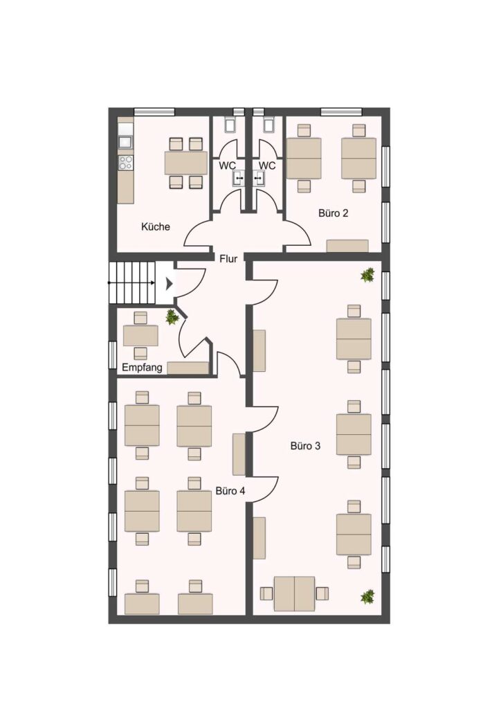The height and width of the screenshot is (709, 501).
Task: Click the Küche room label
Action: [x=156, y=226]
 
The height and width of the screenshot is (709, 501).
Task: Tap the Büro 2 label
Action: [x=334, y=213]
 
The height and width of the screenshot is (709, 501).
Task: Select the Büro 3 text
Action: [x=305, y=446]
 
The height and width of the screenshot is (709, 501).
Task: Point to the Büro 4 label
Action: [x=230, y=491]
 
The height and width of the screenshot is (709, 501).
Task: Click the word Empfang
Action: [x=142, y=368]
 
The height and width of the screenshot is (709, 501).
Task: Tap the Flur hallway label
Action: [x=228, y=259]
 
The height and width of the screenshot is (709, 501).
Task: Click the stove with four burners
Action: [x=125, y=163]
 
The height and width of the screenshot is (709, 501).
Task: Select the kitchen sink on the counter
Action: [x=125, y=141]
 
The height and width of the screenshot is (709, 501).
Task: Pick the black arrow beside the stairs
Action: [x=169, y=283]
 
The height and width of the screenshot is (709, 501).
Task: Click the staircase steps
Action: [x=132, y=282]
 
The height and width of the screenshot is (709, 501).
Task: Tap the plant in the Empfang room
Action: [x=172, y=316]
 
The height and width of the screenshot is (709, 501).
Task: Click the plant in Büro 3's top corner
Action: [x=368, y=275]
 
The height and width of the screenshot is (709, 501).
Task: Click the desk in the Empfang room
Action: [x=140, y=336]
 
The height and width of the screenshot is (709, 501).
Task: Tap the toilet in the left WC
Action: [x=230, y=123]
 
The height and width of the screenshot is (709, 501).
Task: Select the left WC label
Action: [x=227, y=166]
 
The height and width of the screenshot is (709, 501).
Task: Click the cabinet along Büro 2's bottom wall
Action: [x=347, y=246]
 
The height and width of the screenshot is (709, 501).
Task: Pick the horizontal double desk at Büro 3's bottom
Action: [x=295, y=593]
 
